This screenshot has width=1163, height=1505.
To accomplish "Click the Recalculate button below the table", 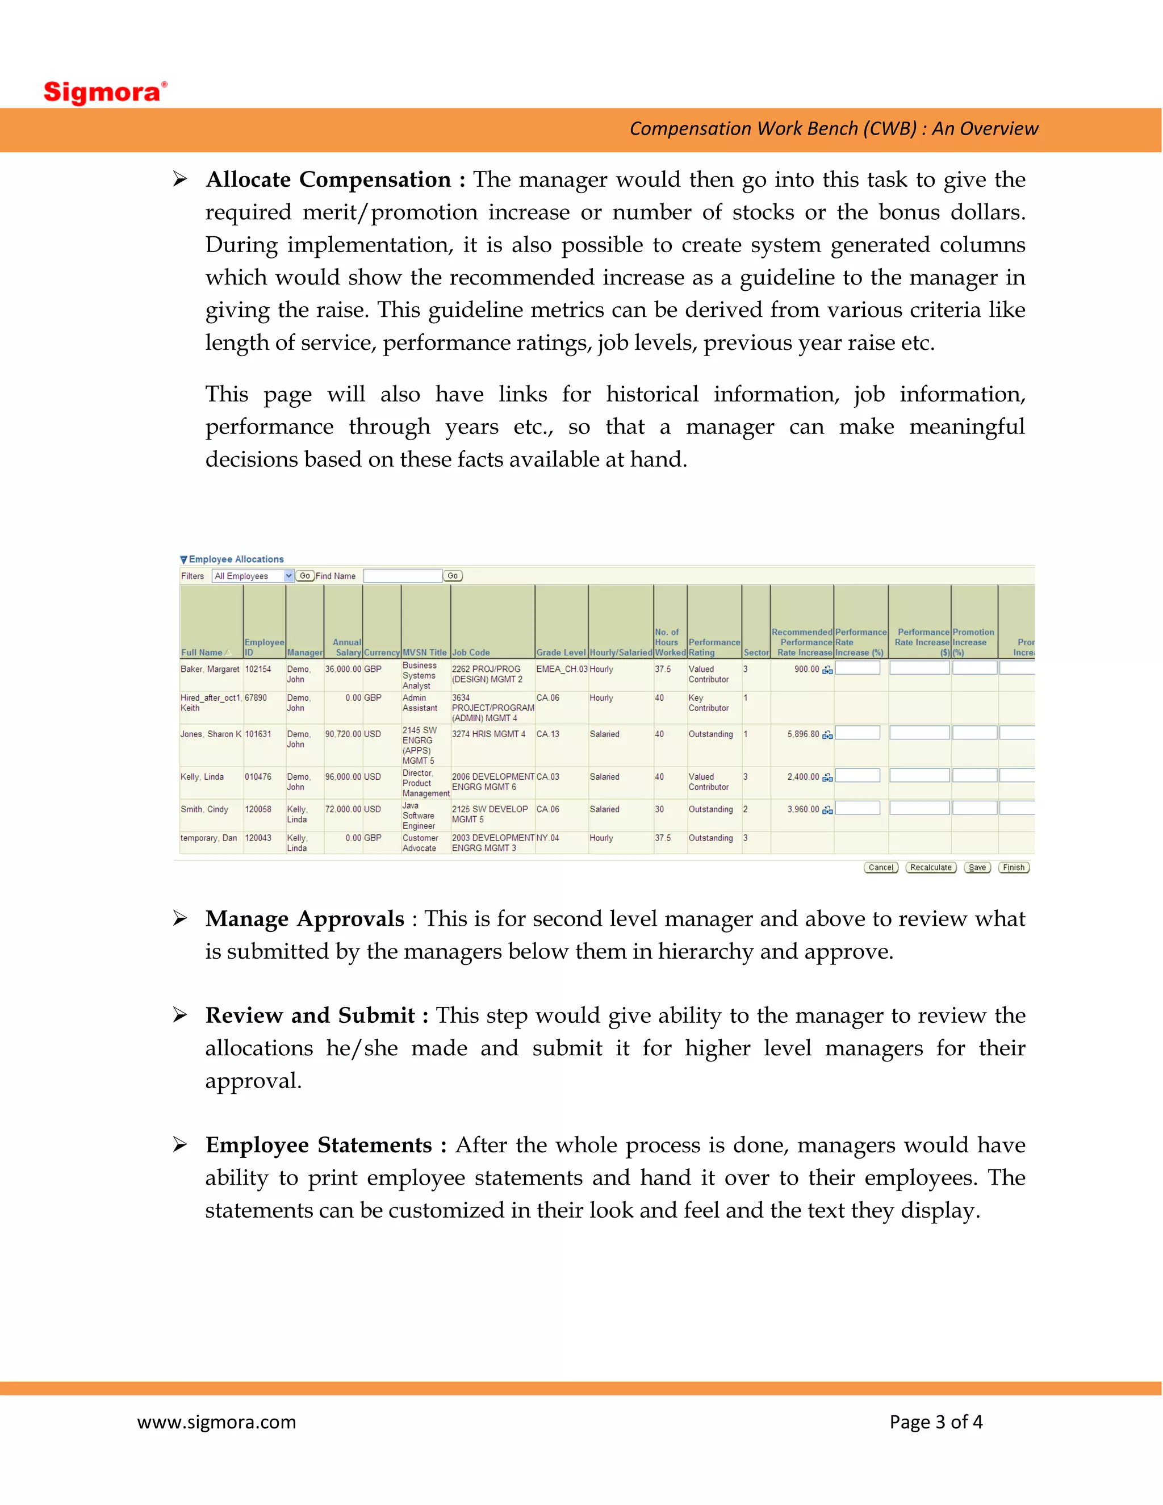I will coord(930,868).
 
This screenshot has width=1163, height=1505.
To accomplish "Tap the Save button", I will coord(976,868).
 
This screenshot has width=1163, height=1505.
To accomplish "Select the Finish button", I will coord(1013,868).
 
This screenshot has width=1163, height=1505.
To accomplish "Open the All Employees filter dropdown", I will coord(253,576).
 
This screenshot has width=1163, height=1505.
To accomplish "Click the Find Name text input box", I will coord(403,576).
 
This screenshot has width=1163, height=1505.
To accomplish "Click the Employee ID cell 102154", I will coord(258,669).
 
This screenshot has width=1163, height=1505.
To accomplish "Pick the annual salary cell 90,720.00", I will coord(342,734).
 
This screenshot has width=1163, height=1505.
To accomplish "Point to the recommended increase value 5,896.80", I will coord(802,734).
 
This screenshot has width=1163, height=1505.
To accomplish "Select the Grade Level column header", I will coord(560,653).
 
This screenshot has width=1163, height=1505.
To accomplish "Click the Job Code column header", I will coord(471,653).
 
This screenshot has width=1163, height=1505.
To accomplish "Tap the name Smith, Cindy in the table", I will coord(204,809).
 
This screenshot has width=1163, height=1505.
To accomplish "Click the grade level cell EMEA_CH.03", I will coord(561,669).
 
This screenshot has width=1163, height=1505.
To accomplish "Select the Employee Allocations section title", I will coord(236,559).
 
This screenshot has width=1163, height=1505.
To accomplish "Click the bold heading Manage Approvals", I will coord(304,918).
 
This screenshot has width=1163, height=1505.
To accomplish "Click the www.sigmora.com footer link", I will coord(216,1422).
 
